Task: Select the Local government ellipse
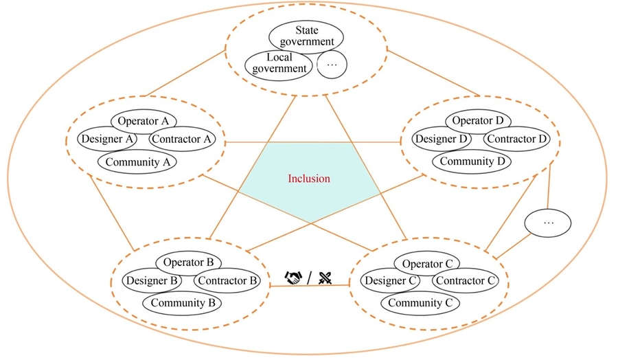tap(279, 63)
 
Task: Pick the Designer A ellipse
tap(107, 139)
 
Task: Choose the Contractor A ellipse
tap(183, 139)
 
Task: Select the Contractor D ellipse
tap(518, 139)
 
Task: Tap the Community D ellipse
tap(476, 162)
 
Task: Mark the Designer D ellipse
tap(442, 139)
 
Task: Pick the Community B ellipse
tap(182, 303)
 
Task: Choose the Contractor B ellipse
tap(226, 280)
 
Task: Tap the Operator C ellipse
tap(427, 264)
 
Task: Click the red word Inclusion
tap(308, 179)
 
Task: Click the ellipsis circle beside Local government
tap(332, 65)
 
